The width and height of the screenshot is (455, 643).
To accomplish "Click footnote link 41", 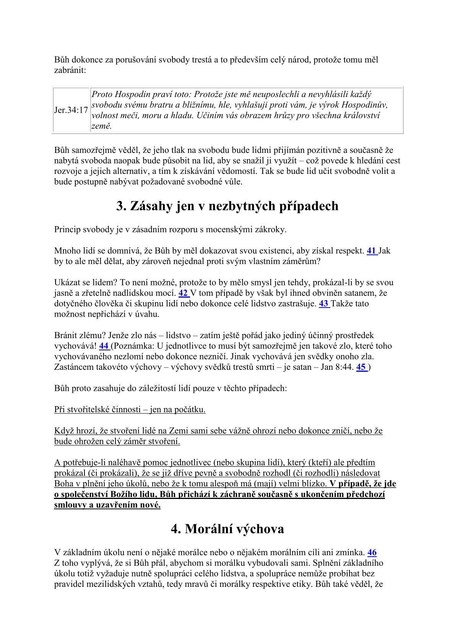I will point(371,251).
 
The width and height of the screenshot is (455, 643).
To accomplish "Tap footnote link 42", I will point(183,293).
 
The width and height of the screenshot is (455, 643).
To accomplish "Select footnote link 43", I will point(323,304).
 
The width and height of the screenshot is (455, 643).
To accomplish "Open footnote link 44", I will point(104,346).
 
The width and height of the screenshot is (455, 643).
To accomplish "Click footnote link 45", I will point(361,368).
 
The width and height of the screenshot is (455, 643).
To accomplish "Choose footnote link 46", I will point(372,552).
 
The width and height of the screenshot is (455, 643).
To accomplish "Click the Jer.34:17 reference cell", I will point(71,110).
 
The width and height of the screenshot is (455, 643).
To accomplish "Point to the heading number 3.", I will point(121,206).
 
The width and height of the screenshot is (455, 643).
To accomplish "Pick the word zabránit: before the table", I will point(70,70).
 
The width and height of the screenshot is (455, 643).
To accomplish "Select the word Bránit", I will point(66,335).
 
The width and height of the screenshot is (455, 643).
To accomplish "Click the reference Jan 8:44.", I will point(338,368).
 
